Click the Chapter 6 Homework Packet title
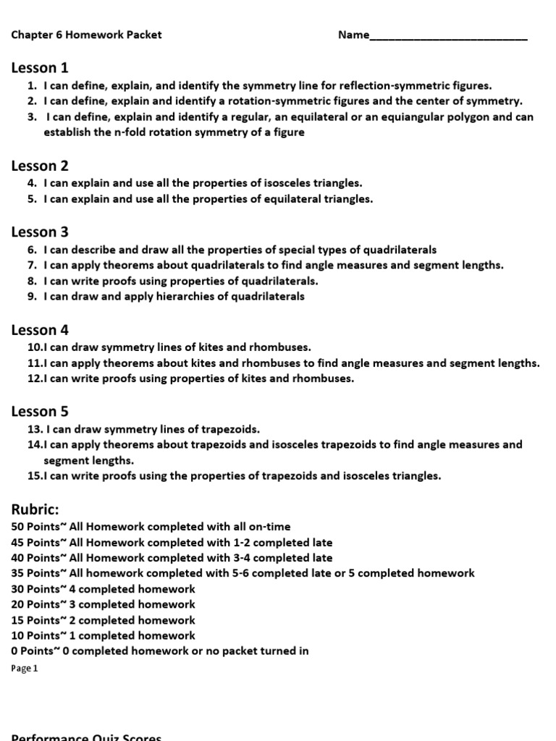(86, 35)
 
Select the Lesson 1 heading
(40, 68)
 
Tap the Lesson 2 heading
(40, 166)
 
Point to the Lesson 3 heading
(40, 232)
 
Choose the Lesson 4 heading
(40, 331)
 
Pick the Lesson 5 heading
(40, 412)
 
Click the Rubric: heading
(34, 509)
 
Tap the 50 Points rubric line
(151, 527)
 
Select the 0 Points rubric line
(160, 651)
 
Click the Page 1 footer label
(24, 669)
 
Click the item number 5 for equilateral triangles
(31, 199)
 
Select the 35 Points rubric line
(243, 573)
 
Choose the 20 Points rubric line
(104, 604)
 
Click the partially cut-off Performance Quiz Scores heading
(86, 737)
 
